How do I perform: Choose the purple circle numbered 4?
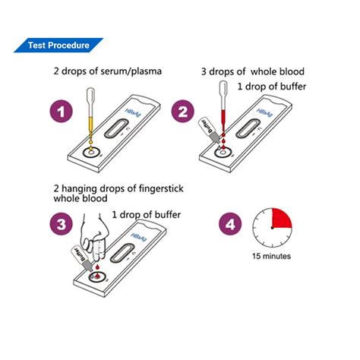pyautogui.click(x=231, y=225)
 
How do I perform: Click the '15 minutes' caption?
pyautogui.click(x=271, y=256)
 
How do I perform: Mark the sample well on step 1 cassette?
pyautogui.click(x=90, y=153)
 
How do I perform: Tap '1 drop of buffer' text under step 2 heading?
pyautogui.click(x=271, y=86)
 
